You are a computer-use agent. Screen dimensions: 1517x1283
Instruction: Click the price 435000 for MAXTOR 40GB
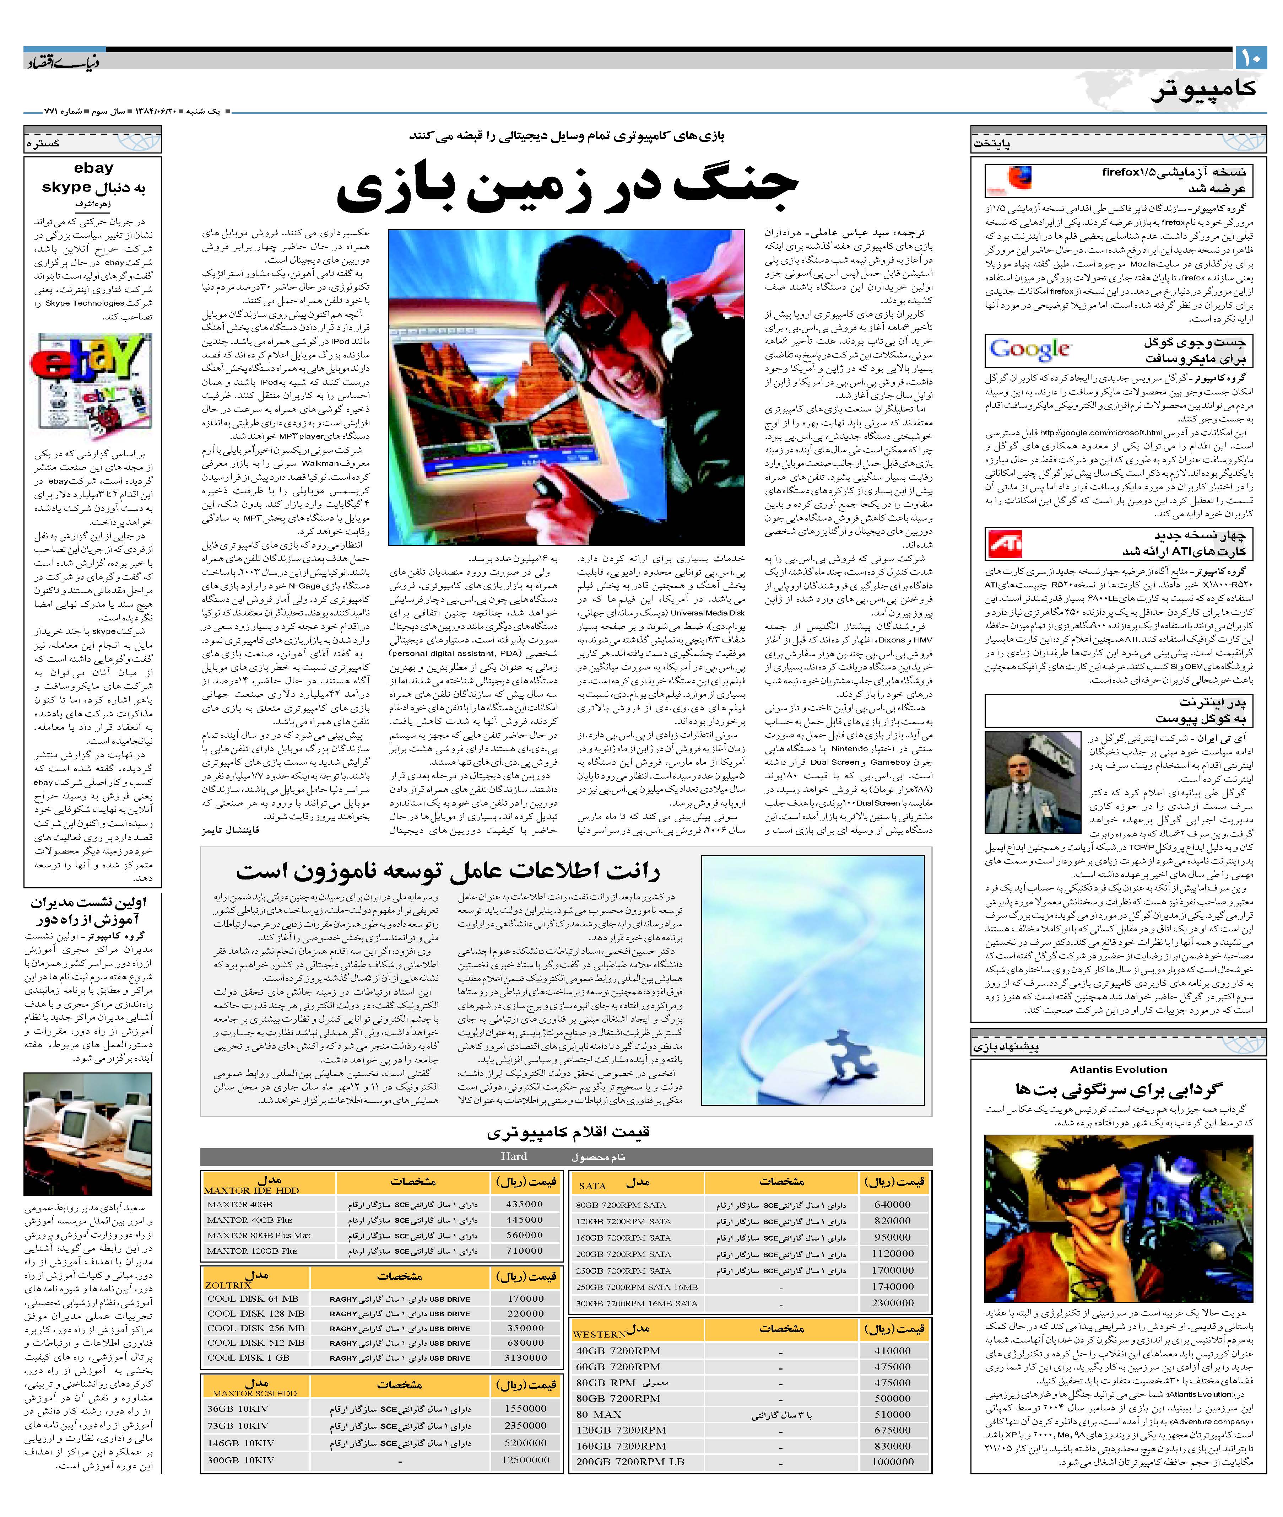(524, 1204)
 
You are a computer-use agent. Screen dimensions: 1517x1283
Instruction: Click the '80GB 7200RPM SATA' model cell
(621, 1205)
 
